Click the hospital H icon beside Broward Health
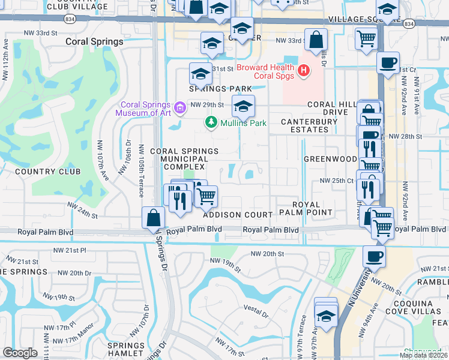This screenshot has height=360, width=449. [x=304, y=71]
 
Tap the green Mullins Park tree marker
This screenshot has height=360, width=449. [x=211, y=123]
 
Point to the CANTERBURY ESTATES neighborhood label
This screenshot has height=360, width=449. [x=310, y=126]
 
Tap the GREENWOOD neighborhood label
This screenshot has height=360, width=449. [x=330, y=159]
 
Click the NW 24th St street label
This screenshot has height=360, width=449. [x=82, y=209]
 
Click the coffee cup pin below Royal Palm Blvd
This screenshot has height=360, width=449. [x=375, y=256]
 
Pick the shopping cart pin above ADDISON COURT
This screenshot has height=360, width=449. [x=206, y=196]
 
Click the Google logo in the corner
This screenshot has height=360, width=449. [x=20, y=353]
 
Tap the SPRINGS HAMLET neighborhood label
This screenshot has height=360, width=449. [x=126, y=350]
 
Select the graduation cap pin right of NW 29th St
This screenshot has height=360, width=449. [x=243, y=106]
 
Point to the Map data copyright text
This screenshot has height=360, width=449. [x=423, y=355]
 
